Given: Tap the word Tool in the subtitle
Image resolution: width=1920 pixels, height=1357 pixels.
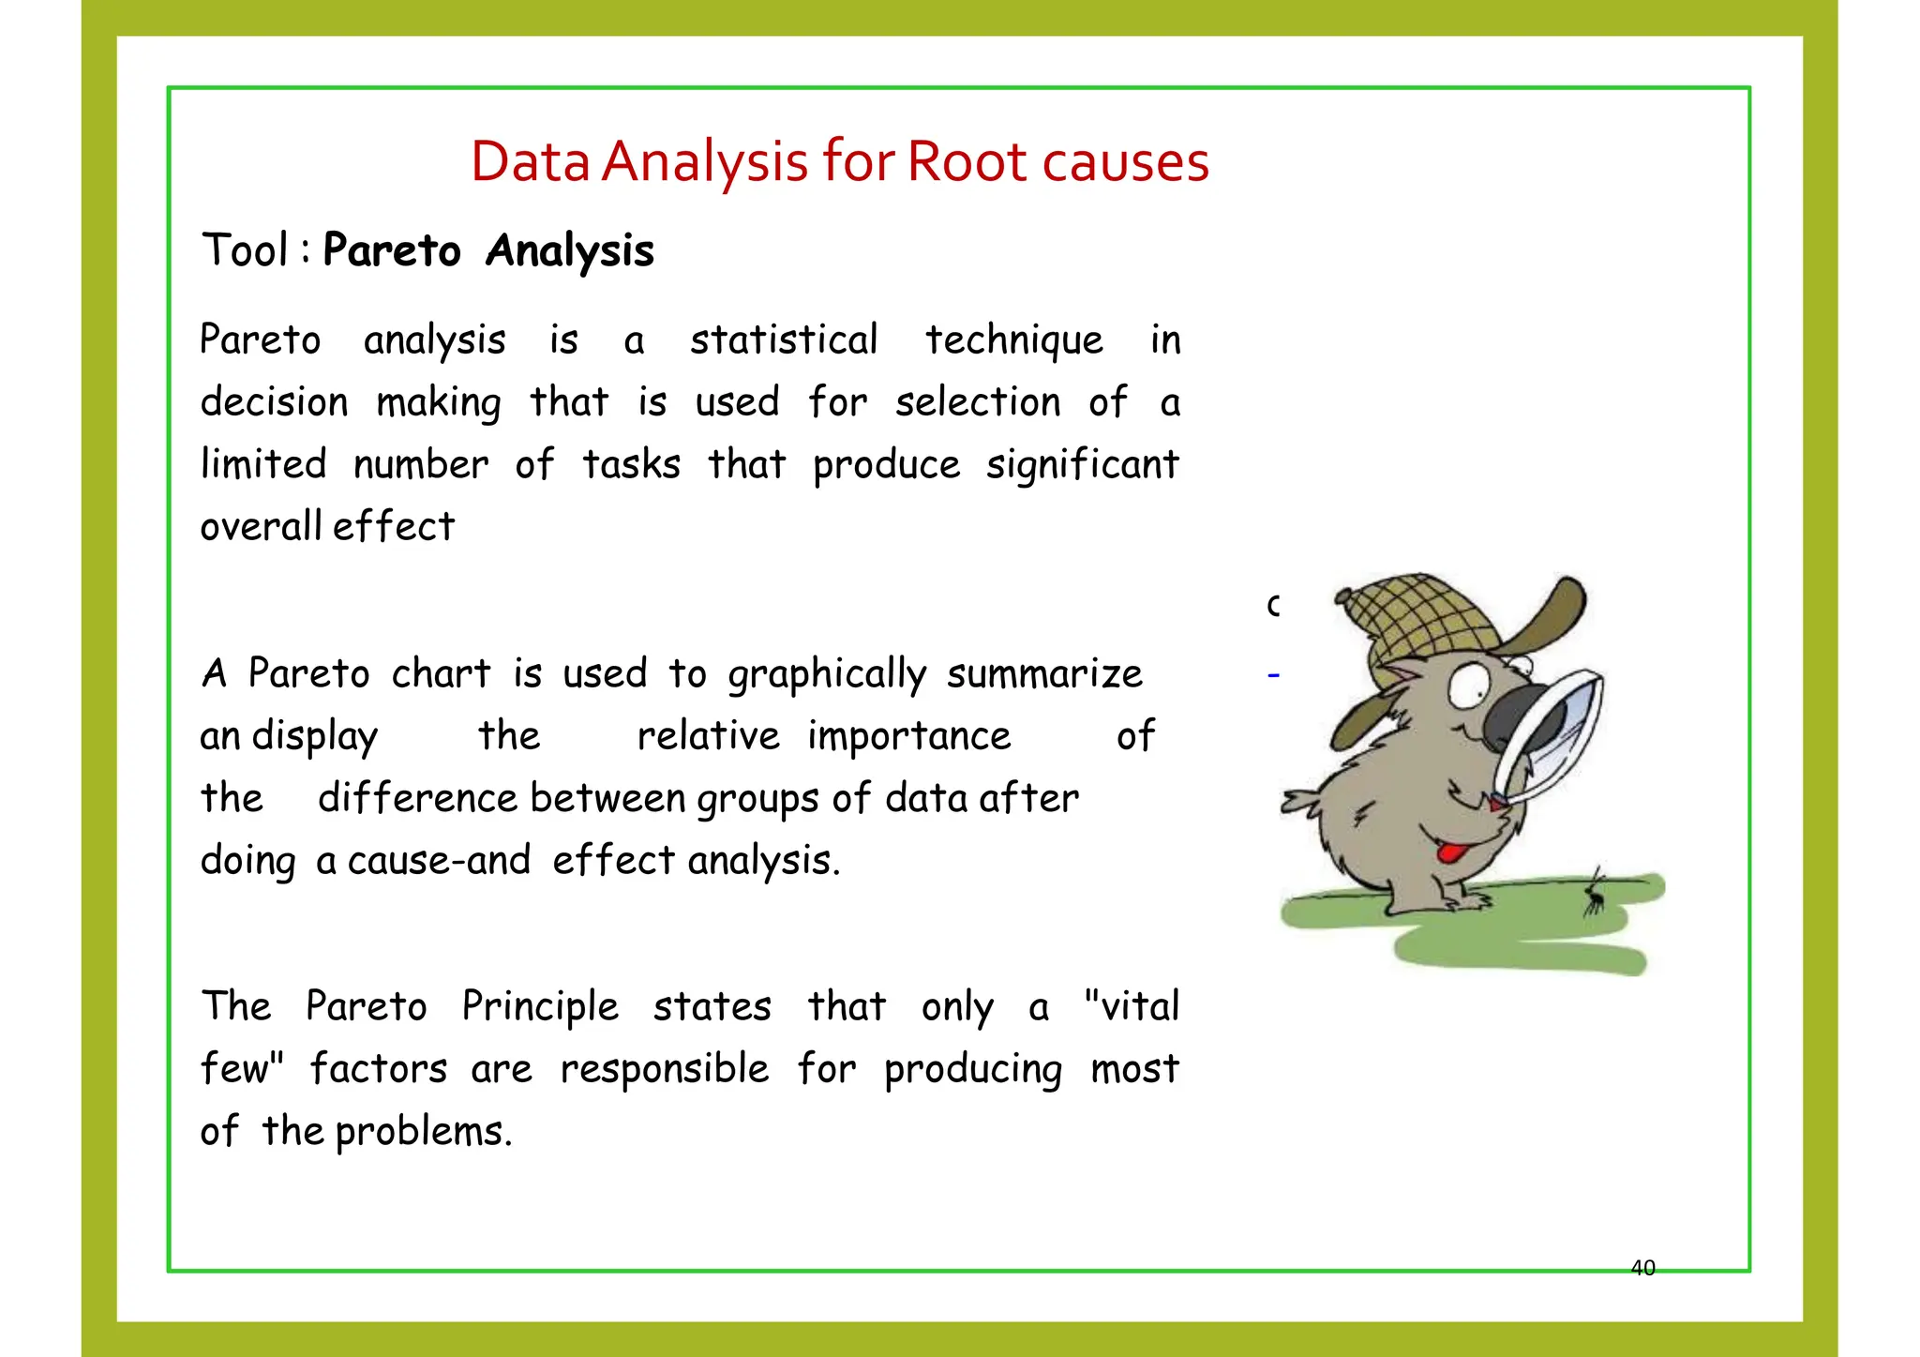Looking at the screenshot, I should coord(245,250).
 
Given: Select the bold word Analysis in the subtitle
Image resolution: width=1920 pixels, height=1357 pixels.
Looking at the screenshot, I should coord(569,251).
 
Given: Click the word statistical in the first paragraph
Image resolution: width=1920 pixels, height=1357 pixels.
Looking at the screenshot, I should coord(784,339).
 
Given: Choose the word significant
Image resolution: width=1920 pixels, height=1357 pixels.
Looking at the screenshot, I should coord(1082,465).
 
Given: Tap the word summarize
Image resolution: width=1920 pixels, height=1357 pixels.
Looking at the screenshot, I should coord(1044,674).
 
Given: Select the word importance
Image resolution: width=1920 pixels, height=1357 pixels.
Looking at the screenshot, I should coord(909,736).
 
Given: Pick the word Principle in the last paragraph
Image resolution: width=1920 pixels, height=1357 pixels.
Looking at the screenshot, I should coord(540,1007).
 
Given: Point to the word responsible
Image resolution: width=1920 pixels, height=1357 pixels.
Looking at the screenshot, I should coord(665,1069).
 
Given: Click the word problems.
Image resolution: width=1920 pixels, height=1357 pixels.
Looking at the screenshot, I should coord(423,1132).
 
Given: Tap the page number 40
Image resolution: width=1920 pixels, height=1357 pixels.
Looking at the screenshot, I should coord(1643,1268).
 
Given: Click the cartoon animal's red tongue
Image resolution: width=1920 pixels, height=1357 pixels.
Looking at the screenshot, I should coord(1452,852).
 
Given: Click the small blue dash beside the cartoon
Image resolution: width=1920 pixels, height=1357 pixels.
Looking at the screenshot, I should coord(1273,674).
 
